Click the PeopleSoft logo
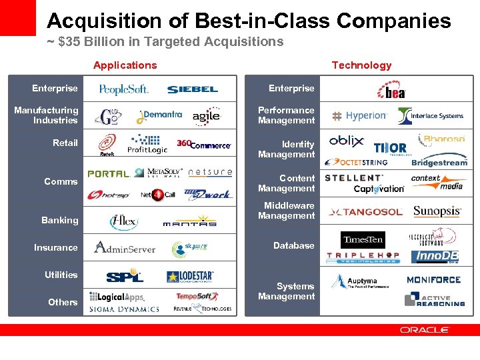click(123, 89)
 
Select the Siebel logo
click(193, 89)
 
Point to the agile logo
click(206, 117)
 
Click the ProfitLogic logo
click(147, 144)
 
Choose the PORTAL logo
click(108, 173)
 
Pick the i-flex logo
click(123, 221)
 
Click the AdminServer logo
click(125, 248)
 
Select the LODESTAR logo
click(191, 276)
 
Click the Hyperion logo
click(360, 116)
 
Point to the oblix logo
click(347, 141)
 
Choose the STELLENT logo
click(353, 178)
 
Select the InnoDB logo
click(437, 257)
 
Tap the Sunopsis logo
click(437, 212)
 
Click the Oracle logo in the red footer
click(425, 330)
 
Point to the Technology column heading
click(361, 65)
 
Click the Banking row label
click(60, 220)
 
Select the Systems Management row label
click(287, 291)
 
